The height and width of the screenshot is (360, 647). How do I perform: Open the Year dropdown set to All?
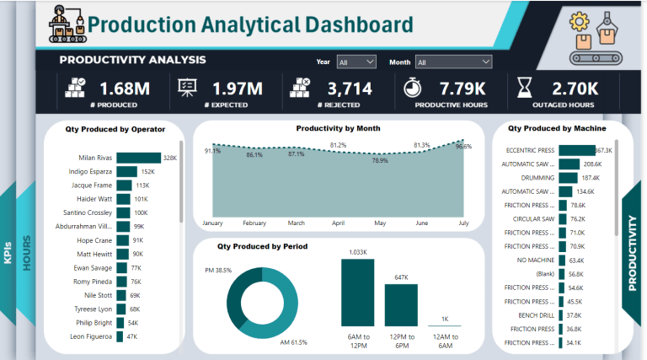click(356, 62)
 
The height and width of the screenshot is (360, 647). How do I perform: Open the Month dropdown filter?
click(452, 62)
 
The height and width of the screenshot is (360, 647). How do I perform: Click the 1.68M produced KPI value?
click(125, 89)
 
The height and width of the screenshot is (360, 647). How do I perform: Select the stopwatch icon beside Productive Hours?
click(413, 89)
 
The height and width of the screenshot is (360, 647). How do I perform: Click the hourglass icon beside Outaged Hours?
click(525, 89)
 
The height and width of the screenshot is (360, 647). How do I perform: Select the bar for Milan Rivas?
click(138, 158)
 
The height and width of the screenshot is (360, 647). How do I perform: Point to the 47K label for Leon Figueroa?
click(132, 336)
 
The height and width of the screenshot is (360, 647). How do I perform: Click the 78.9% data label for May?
click(380, 160)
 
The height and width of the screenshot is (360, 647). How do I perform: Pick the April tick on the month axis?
click(339, 223)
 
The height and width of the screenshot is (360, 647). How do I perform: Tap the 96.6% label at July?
click(463, 146)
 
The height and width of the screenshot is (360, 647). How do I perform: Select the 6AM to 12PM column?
click(358, 293)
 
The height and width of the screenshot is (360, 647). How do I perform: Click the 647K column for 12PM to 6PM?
click(401, 304)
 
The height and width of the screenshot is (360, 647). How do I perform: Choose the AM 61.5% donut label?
click(294, 342)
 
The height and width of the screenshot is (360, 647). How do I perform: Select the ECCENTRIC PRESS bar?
click(576, 150)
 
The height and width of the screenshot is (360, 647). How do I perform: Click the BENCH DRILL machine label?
click(534, 315)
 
